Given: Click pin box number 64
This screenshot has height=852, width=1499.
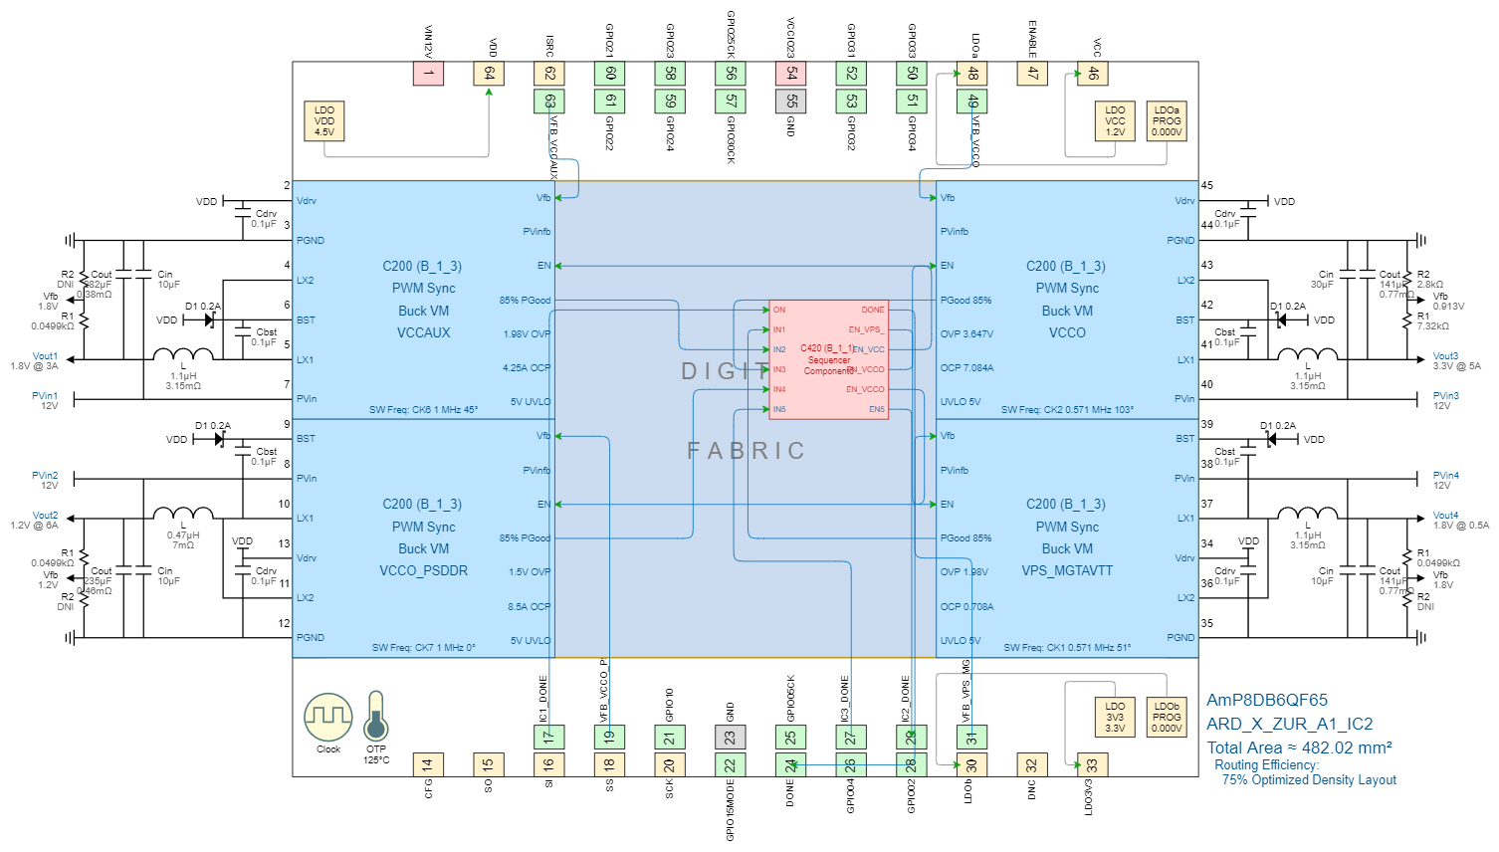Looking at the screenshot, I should (489, 74).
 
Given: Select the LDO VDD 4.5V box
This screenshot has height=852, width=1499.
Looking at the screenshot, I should (324, 121).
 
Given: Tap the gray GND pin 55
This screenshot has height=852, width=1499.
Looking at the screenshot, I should (791, 101).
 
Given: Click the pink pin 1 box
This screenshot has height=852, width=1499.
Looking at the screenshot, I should (428, 74).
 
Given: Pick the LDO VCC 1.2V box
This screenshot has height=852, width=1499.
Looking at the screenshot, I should (1115, 121).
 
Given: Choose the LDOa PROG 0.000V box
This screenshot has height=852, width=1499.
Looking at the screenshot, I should (1167, 121).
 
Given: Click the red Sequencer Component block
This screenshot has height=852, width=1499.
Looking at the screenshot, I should (828, 359).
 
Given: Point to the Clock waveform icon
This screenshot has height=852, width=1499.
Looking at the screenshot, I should (328, 717).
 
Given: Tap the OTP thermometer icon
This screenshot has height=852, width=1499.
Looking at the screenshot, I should (376, 717).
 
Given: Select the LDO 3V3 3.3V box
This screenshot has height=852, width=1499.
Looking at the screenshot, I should (1115, 718).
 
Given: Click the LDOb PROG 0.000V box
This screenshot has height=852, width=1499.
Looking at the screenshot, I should (1167, 718).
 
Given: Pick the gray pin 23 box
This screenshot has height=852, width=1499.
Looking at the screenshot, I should (730, 738).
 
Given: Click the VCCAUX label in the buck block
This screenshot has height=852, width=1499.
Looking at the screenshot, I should (424, 333).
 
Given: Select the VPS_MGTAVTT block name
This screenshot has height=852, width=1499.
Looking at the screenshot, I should (1067, 571).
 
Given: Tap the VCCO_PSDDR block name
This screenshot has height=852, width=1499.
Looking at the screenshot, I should (424, 571).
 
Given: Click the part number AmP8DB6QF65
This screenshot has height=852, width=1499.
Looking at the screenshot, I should (1267, 701).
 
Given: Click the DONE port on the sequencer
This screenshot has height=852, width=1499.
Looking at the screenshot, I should (872, 310).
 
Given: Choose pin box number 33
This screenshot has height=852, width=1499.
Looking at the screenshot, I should (1092, 764).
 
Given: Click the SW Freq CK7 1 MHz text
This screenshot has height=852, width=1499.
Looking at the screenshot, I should (424, 648).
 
